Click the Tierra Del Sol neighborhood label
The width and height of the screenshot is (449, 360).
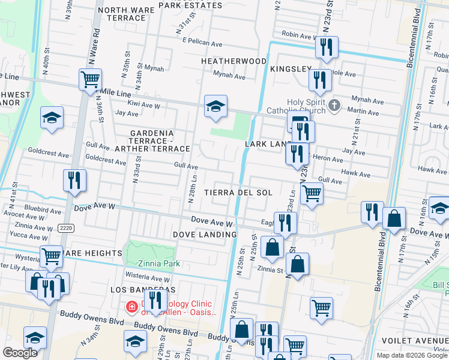click(238, 193)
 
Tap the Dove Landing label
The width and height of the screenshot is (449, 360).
click(204, 234)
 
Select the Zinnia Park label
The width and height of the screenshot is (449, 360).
click(155, 263)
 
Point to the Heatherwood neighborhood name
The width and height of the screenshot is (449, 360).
click(234, 61)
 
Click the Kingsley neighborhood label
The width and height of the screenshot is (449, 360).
click(291, 70)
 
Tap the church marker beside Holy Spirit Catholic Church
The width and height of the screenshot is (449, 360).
click(335, 107)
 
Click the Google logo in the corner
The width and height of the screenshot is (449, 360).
click(20, 353)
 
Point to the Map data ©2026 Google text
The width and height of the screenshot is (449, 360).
click(412, 355)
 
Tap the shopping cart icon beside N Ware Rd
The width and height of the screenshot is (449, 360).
click(89, 78)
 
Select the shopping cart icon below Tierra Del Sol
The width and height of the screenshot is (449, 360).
click(312, 194)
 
